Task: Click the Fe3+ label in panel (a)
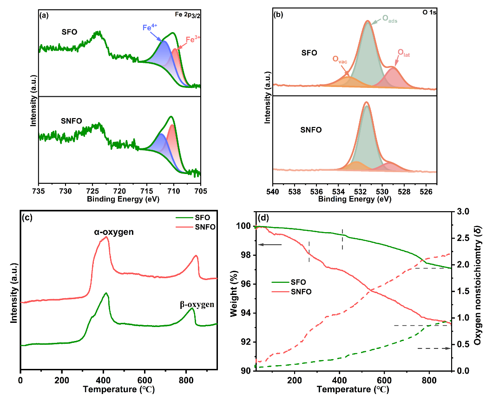pos(193,40)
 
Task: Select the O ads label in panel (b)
pos(390,19)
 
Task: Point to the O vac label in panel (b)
pos(340,60)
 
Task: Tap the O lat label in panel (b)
pos(403,55)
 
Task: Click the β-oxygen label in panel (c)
pos(197,305)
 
